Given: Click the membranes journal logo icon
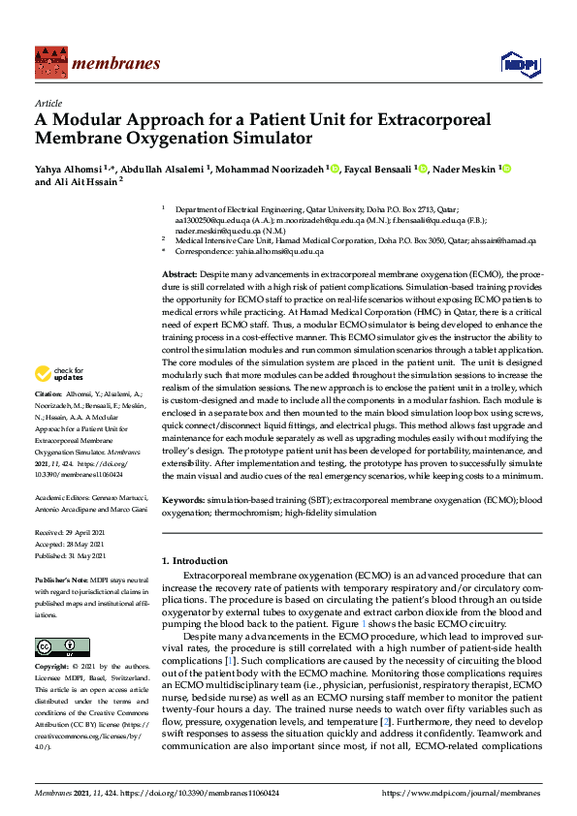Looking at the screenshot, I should [x=49, y=64].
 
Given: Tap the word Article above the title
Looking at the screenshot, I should [x=48, y=102].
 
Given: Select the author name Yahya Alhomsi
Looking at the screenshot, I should [x=69, y=169].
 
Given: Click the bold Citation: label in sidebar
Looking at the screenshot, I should [x=48, y=423].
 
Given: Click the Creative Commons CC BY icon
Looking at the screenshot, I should [x=55, y=646].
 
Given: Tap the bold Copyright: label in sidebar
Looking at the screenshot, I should [x=52, y=668].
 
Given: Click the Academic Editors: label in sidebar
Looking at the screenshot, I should [x=64, y=495].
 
